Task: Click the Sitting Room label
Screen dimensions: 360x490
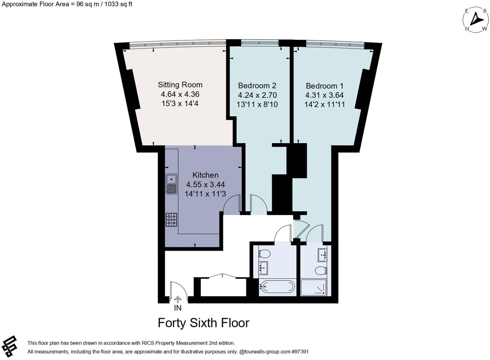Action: [x=180, y=85]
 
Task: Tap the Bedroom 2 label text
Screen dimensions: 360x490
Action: [x=257, y=86]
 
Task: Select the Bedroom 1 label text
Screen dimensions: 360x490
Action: [x=324, y=86]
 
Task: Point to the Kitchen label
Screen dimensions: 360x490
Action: [x=205, y=175]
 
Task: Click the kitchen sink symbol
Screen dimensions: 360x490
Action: [x=172, y=184]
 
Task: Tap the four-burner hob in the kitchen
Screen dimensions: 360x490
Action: [x=172, y=220]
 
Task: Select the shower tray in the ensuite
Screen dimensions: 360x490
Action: [x=314, y=288]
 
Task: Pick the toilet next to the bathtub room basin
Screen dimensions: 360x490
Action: [x=264, y=253]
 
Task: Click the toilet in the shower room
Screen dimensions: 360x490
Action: [x=321, y=270]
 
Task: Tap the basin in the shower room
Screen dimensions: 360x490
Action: [x=322, y=254]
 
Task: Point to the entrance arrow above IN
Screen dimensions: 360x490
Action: [x=178, y=299]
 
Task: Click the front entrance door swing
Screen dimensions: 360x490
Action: [x=178, y=289]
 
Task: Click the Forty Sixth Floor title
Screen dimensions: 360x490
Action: [x=203, y=323]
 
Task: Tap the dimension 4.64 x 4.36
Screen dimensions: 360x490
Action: [x=180, y=94]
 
